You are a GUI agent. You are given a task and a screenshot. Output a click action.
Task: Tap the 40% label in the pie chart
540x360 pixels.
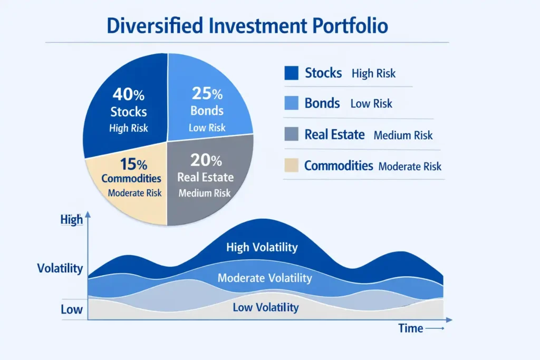pos(128,95)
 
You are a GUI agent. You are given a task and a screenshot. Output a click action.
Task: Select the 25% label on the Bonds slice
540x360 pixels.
pos(207,94)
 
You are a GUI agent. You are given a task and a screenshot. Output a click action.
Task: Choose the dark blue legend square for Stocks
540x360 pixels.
pos(291,73)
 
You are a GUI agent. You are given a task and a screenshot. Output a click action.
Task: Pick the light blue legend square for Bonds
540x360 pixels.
pos(291,103)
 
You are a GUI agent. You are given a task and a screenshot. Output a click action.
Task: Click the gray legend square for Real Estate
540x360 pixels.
pos(291,135)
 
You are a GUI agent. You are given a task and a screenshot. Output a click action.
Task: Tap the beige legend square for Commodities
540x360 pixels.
pos(291,166)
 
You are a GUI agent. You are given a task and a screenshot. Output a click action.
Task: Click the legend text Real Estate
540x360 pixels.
pos(334,135)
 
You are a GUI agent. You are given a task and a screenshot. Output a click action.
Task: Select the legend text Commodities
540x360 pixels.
pos(339,166)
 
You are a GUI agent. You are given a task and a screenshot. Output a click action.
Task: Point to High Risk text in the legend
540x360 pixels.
pos(373,74)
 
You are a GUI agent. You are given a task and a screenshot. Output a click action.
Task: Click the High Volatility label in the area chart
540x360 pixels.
pos(262,247)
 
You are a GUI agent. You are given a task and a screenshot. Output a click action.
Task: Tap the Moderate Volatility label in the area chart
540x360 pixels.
pos(265,278)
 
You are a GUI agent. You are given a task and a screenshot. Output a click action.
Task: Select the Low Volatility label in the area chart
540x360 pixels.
pos(265,307)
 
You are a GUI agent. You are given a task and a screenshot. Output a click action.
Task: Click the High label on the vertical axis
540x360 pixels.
pos(72,219)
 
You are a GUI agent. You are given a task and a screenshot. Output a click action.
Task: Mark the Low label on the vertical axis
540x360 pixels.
pos(71,309)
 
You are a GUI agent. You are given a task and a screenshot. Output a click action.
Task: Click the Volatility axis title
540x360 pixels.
pos(60,268)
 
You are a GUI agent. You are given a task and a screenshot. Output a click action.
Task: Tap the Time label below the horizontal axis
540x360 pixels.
pos(410,328)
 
